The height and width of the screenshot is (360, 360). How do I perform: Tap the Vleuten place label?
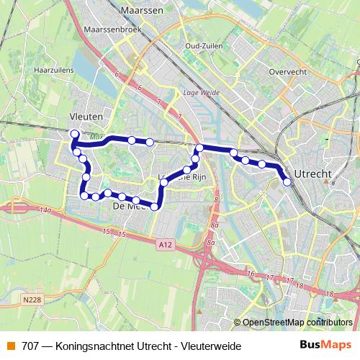(x=86, y=116)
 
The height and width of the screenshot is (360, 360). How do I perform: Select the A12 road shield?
(x=165, y=245)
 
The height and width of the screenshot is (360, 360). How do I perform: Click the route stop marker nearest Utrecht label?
(x=287, y=181)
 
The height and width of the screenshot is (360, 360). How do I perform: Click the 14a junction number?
(x=46, y=210)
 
